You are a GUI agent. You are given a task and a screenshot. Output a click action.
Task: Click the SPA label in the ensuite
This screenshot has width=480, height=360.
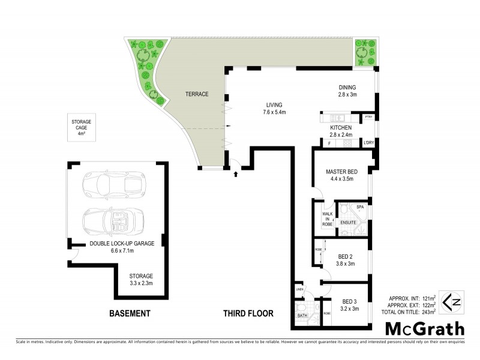360,207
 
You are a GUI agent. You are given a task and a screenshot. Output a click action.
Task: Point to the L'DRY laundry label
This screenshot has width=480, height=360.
368,143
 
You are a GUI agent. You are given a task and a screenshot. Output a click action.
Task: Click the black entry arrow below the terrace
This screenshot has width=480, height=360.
235,174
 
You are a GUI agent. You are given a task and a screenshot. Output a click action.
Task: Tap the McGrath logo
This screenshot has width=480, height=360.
425,329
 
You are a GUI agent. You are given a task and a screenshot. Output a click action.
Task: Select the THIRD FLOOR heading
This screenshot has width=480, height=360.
248,313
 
